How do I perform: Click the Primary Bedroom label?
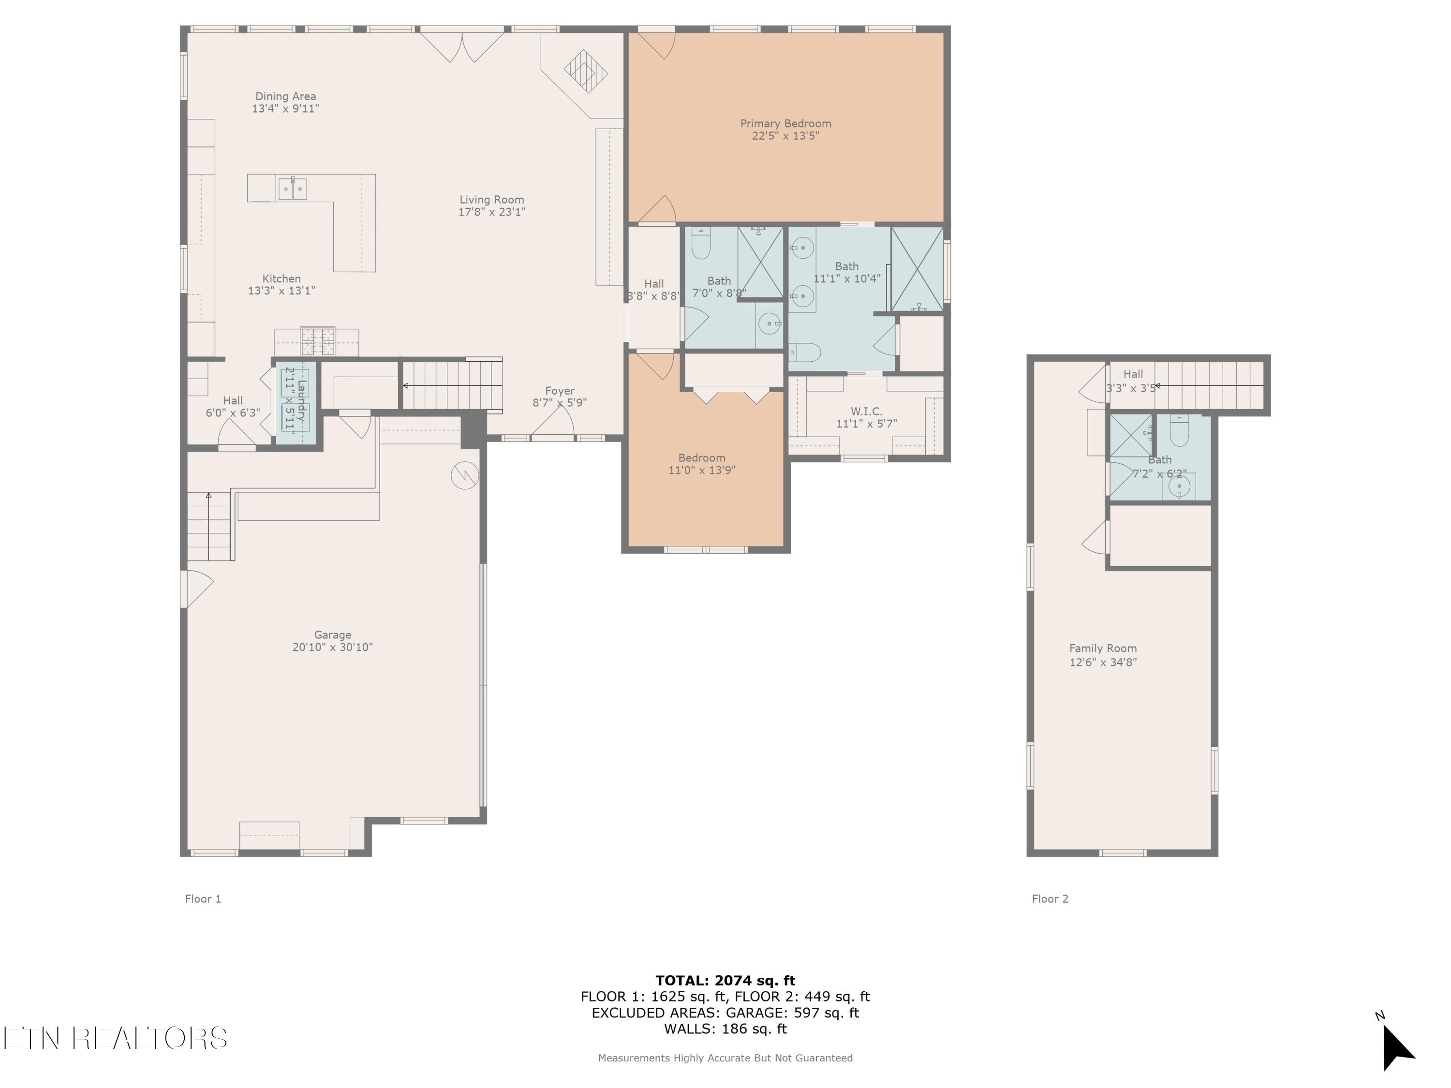785,123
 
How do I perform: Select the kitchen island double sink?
293,189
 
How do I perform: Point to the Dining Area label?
285,96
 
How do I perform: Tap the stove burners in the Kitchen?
318,341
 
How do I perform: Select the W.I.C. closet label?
866,411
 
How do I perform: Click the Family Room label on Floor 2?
1103,648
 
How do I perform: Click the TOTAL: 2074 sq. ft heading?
725,981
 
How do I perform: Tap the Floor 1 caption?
203,898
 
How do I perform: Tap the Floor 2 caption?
1050,898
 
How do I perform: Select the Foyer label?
560,391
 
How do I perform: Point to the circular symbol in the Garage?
464,476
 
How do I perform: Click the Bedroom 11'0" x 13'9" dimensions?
702,470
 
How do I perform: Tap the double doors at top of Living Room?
462,46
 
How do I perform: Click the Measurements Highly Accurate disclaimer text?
725,1058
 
